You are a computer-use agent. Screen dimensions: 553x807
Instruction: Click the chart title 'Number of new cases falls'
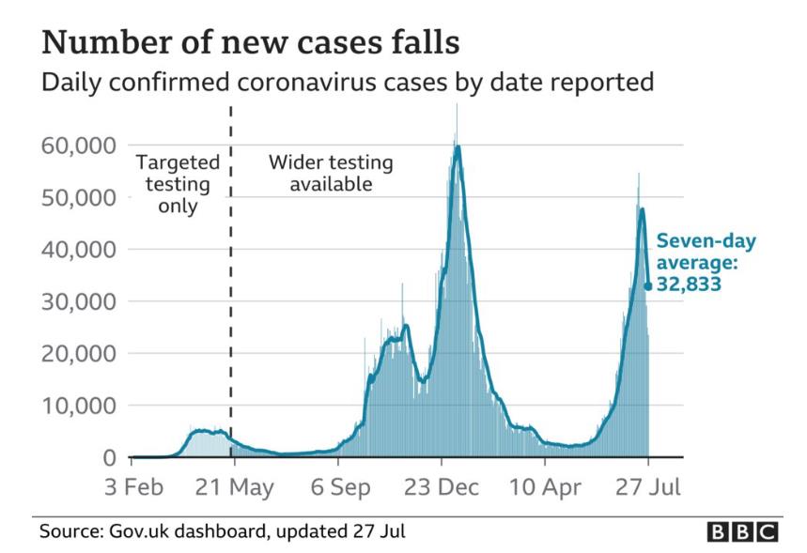click(251, 42)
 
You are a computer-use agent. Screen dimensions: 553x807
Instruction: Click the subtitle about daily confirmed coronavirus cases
click(346, 84)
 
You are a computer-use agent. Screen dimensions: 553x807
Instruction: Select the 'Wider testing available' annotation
click(331, 173)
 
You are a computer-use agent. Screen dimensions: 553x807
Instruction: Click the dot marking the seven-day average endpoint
click(648, 285)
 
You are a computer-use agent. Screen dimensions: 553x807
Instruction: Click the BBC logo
click(742, 531)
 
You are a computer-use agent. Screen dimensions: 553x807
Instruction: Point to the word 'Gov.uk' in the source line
click(132, 531)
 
